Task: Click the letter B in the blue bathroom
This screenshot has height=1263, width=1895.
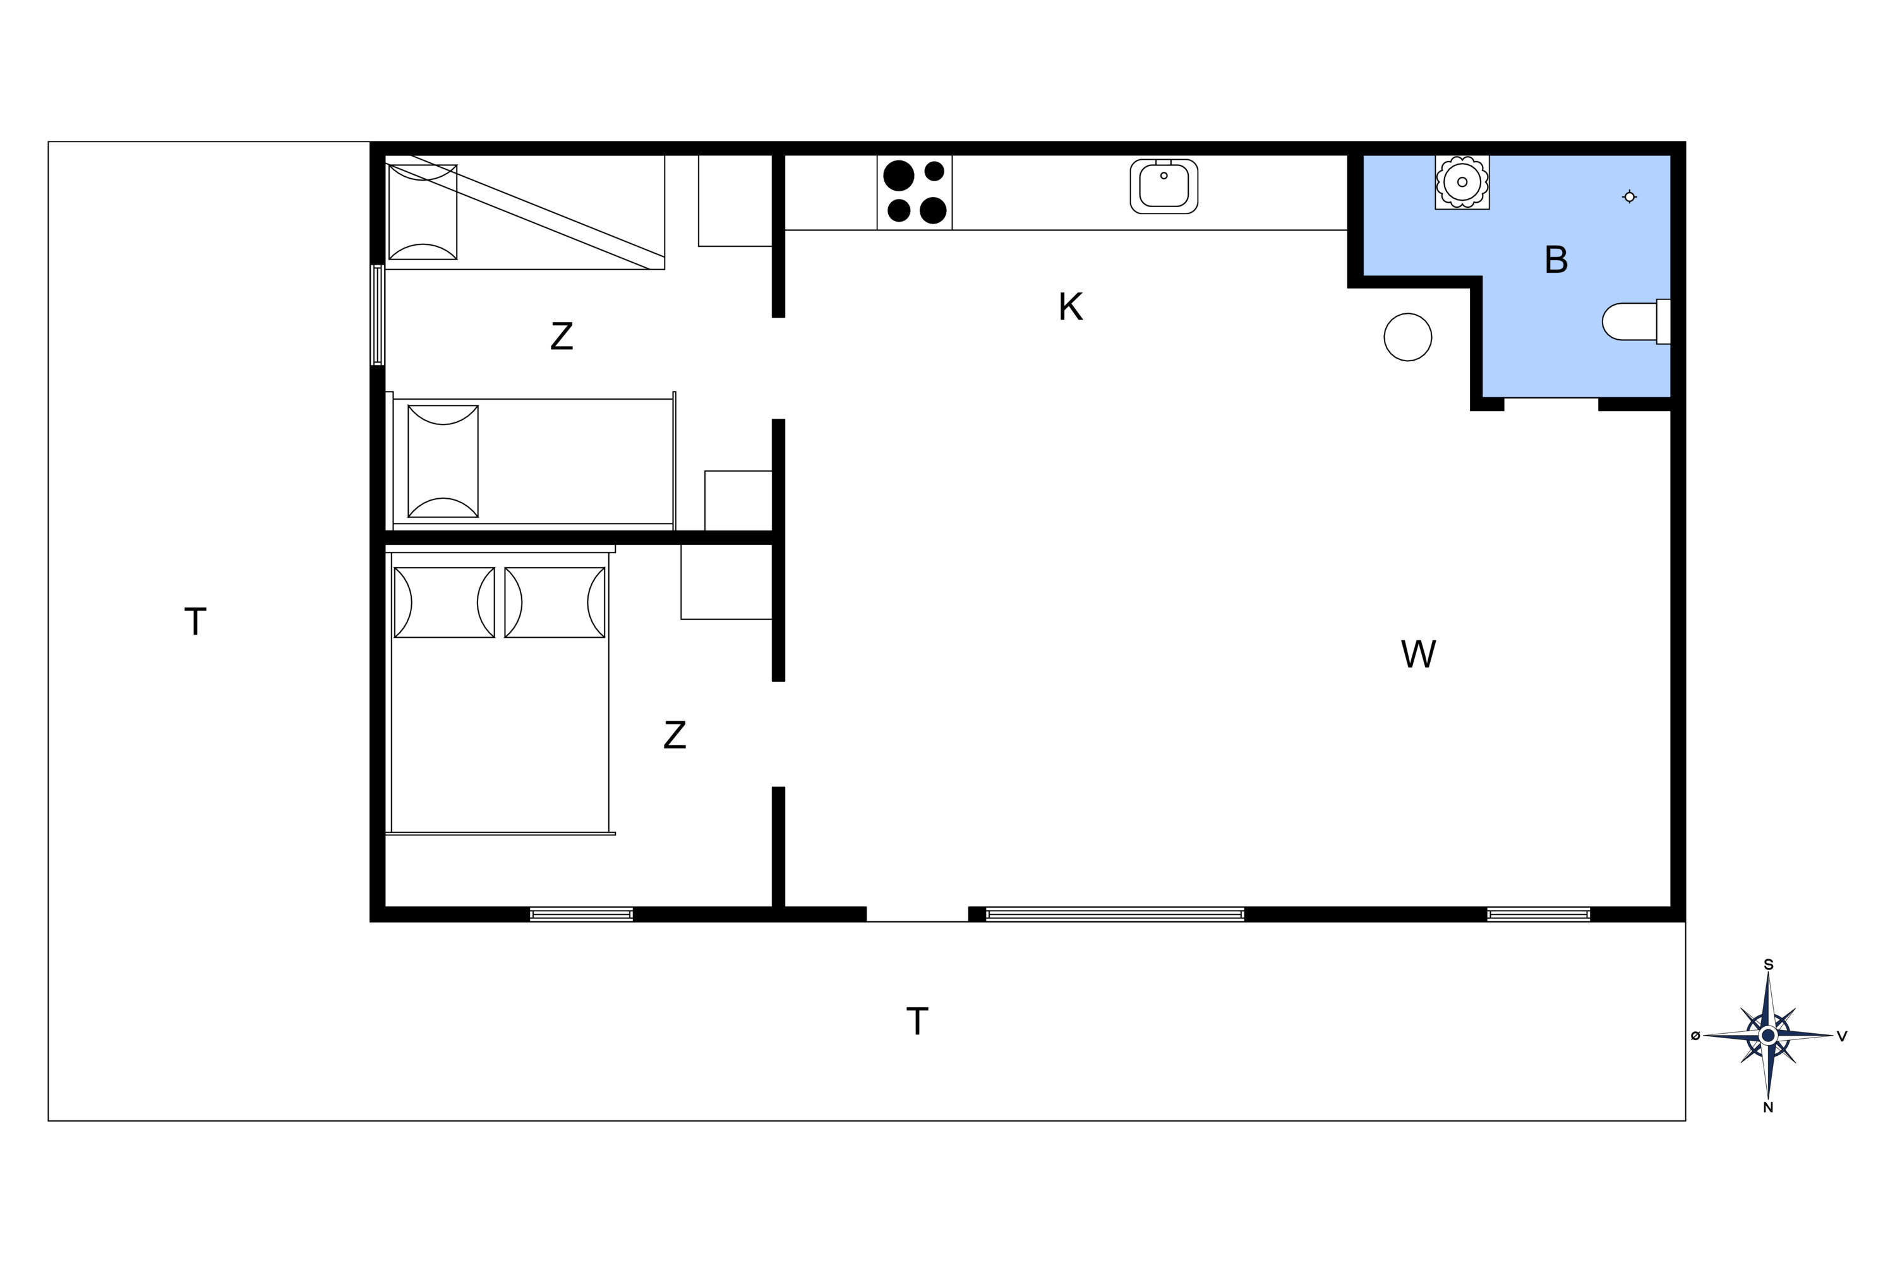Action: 1556,260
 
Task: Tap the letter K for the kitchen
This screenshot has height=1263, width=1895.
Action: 1070,307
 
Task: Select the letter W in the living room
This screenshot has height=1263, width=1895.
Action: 1418,654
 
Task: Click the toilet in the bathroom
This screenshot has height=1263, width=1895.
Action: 1635,321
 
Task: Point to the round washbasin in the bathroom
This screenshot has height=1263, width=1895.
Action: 1462,182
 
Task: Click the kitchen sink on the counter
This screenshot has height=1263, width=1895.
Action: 1164,186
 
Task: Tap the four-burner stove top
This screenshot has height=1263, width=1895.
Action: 915,193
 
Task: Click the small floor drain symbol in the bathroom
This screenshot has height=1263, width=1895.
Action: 1629,196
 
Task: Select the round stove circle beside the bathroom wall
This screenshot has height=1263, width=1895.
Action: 1407,337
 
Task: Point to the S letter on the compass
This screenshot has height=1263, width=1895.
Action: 1769,965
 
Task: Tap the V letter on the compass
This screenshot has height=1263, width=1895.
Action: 1842,1036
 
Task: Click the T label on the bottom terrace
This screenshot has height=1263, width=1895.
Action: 917,1021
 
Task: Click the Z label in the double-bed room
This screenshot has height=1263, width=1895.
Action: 675,734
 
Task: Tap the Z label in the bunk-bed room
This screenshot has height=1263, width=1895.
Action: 562,336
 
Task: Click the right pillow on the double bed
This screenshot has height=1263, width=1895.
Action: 555,602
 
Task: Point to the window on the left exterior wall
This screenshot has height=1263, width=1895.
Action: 377,315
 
